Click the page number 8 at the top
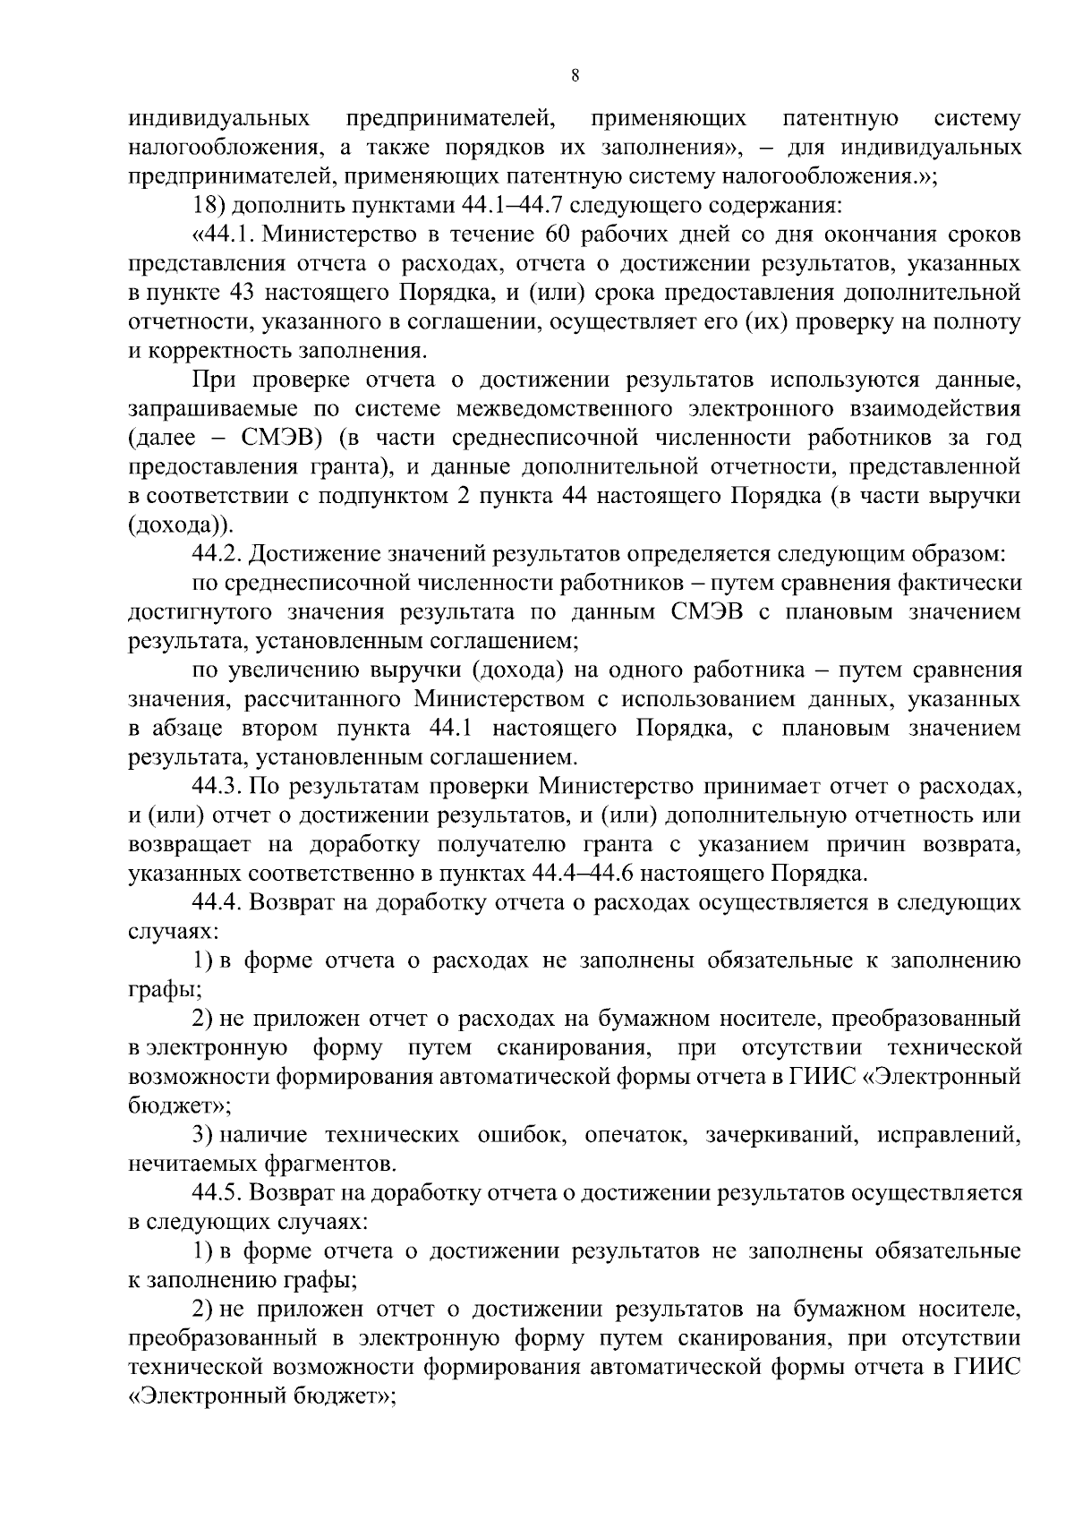click(x=575, y=77)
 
